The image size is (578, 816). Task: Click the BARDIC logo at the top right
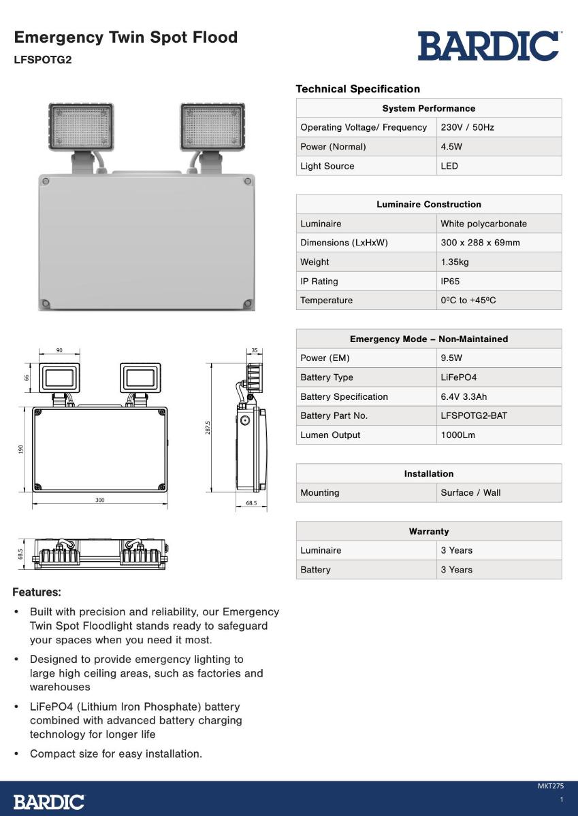[489, 46]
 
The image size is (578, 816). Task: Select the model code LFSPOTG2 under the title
[42, 59]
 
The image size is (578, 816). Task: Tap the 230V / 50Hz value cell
[467, 127]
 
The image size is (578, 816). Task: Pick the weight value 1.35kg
[454, 262]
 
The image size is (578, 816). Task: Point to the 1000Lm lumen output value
[457, 435]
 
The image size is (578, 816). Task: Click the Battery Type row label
[327, 377]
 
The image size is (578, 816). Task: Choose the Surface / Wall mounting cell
[470, 492]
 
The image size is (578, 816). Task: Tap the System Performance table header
[428, 108]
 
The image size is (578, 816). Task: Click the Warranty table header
[428, 531]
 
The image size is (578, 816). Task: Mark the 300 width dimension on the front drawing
[100, 500]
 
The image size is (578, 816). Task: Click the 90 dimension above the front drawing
[60, 350]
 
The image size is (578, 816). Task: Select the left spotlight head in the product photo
[81, 127]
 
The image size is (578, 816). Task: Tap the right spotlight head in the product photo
[212, 127]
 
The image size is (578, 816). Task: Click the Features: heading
[37, 592]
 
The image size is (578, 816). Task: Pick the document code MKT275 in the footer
[551, 786]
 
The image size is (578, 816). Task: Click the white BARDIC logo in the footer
[49, 802]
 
